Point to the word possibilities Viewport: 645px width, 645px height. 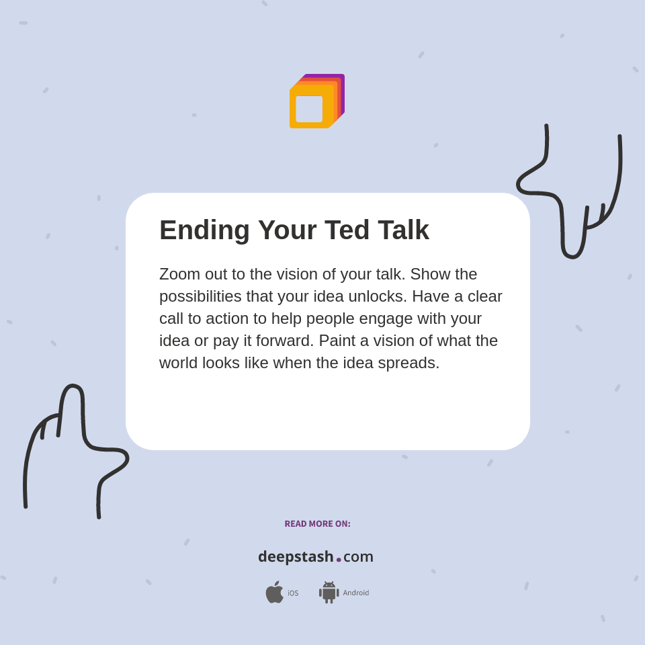[x=200, y=296]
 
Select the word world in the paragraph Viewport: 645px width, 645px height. [x=181, y=363]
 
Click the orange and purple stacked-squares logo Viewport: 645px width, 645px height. [x=316, y=101]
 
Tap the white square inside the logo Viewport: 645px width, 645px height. [x=309, y=109]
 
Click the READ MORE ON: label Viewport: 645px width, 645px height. [x=317, y=524]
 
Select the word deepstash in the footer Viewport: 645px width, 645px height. [x=296, y=557]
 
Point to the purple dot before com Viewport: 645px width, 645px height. [x=339, y=560]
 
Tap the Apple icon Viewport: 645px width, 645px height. [x=274, y=592]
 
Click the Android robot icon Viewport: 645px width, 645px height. [x=329, y=592]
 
